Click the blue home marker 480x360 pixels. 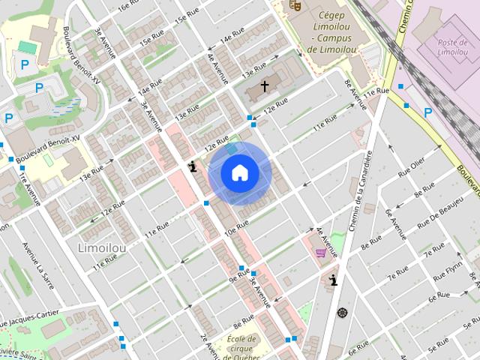(239, 173)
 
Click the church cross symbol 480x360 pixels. (264, 87)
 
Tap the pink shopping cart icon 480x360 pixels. (321, 252)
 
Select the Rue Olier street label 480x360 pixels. (411, 166)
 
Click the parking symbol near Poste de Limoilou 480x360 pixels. (427, 112)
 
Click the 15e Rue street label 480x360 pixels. (184, 16)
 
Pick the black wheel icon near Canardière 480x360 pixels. (342, 312)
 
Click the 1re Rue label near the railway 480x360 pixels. (377, 91)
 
